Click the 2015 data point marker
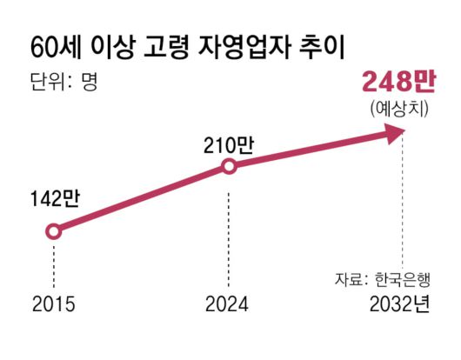(54, 231)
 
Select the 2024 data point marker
(228, 166)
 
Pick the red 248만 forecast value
(398, 83)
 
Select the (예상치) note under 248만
(398, 110)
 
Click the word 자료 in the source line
(346, 280)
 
